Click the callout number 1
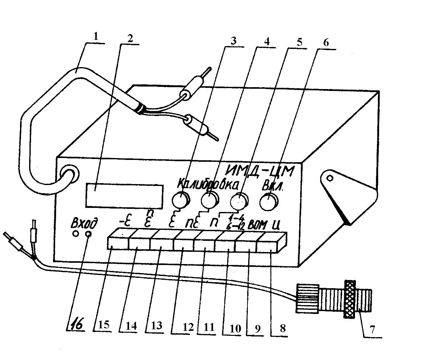click(95, 37)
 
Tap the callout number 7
click(373, 330)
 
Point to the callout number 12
click(188, 327)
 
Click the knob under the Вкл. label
click(269, 202)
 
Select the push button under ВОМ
click(246, 245)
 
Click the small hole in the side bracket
click(330, 178)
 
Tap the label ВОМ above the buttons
click(258, 225)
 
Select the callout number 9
click(257, 328)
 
